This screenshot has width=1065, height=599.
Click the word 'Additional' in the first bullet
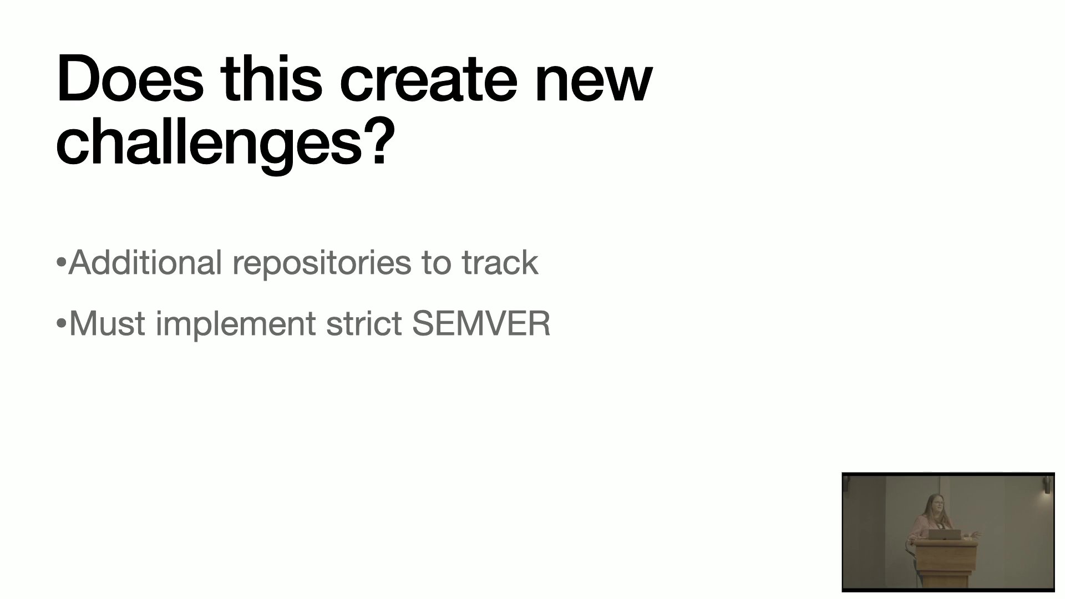pos(145,262)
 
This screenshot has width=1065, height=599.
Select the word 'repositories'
pos(322,264)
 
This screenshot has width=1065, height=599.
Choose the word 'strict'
pos(363,323)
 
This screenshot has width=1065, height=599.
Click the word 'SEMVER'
pos(481,323)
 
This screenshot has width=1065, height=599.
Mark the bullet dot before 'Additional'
pos(61,262)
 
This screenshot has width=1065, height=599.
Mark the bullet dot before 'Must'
pos(61,323)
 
